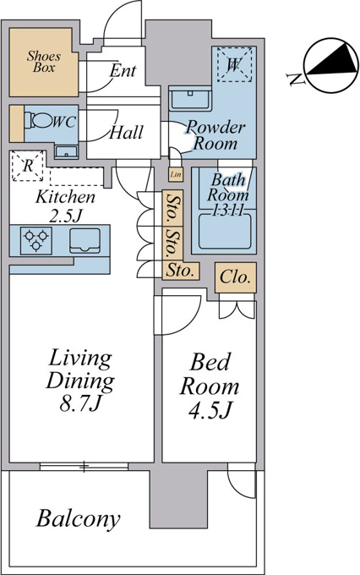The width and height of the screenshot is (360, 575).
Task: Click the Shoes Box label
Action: pyautogui.click(x=44, y=62)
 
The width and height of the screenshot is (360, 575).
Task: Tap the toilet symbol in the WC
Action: pyautogui.click(x=39, y=120)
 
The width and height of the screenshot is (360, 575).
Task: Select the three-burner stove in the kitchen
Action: pyautogui.click(x=36, y=240)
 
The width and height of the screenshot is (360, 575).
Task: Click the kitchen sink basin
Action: pyautogui.click(x=85, y=240)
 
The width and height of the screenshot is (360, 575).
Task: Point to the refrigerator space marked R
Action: pyautogui.click(x=28, y=166)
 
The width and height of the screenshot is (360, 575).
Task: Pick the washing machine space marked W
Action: pyautogui.click(x=235, y=64)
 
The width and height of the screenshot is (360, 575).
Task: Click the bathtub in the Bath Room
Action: pyautogui.click(x=225, y=232)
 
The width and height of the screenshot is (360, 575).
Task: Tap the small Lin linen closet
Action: pyautogui.click(x=176, y=174)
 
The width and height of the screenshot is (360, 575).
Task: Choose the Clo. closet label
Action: pyautogui.click(x=236, y=277)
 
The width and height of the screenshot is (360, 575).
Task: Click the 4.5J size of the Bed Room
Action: pyautogui.click(x=210, y=410)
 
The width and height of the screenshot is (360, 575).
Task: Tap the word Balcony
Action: pyautogui.click(x=79, y=519)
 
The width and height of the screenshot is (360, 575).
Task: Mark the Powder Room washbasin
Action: pyautogui.click(x=190, y=98)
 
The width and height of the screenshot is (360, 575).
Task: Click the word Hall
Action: pyautogui.click(x=127, y=133)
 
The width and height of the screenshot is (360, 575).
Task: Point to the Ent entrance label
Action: pyautogui.click(x=123, y=70)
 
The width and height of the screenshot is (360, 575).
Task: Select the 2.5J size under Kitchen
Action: pyautogui.click(x=65, y=216)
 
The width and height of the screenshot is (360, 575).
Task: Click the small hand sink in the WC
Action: pyautogui.click(x=67, y=151)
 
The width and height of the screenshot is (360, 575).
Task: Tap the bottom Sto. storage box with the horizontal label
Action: pyautogui.click(x=181, y=271)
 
